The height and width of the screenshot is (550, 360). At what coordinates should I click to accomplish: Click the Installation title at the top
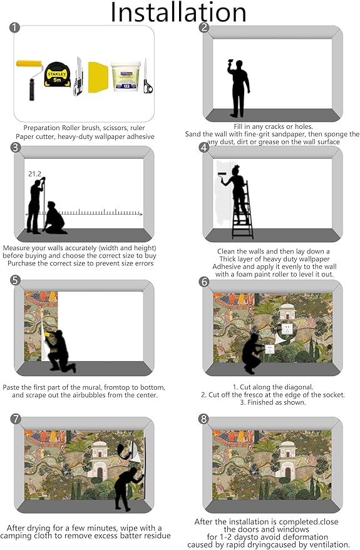tap(178, 12)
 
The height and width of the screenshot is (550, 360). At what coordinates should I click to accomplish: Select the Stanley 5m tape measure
tap(57, 74)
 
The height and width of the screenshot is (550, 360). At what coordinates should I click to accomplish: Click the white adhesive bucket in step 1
tap(126, 76)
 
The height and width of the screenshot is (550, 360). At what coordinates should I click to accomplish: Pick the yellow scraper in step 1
tap(98, 77)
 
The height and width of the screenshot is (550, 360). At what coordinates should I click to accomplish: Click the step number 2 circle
tap(204, 28)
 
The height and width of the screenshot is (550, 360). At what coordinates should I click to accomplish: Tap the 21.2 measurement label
tap(34, 173)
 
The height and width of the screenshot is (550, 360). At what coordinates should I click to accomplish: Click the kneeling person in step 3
tap(54, 218)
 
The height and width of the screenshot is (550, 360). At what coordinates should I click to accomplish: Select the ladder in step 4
tap(243, 210)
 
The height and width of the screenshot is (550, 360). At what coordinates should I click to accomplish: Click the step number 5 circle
tap(16, 280)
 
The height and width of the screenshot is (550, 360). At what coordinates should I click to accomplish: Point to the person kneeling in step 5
tap(59, 350)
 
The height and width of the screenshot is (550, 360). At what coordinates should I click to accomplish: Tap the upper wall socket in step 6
tap(287, 329)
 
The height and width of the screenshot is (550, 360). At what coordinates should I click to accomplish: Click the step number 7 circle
tap(16, 419)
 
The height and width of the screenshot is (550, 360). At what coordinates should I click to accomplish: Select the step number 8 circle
tap(203, 419)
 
